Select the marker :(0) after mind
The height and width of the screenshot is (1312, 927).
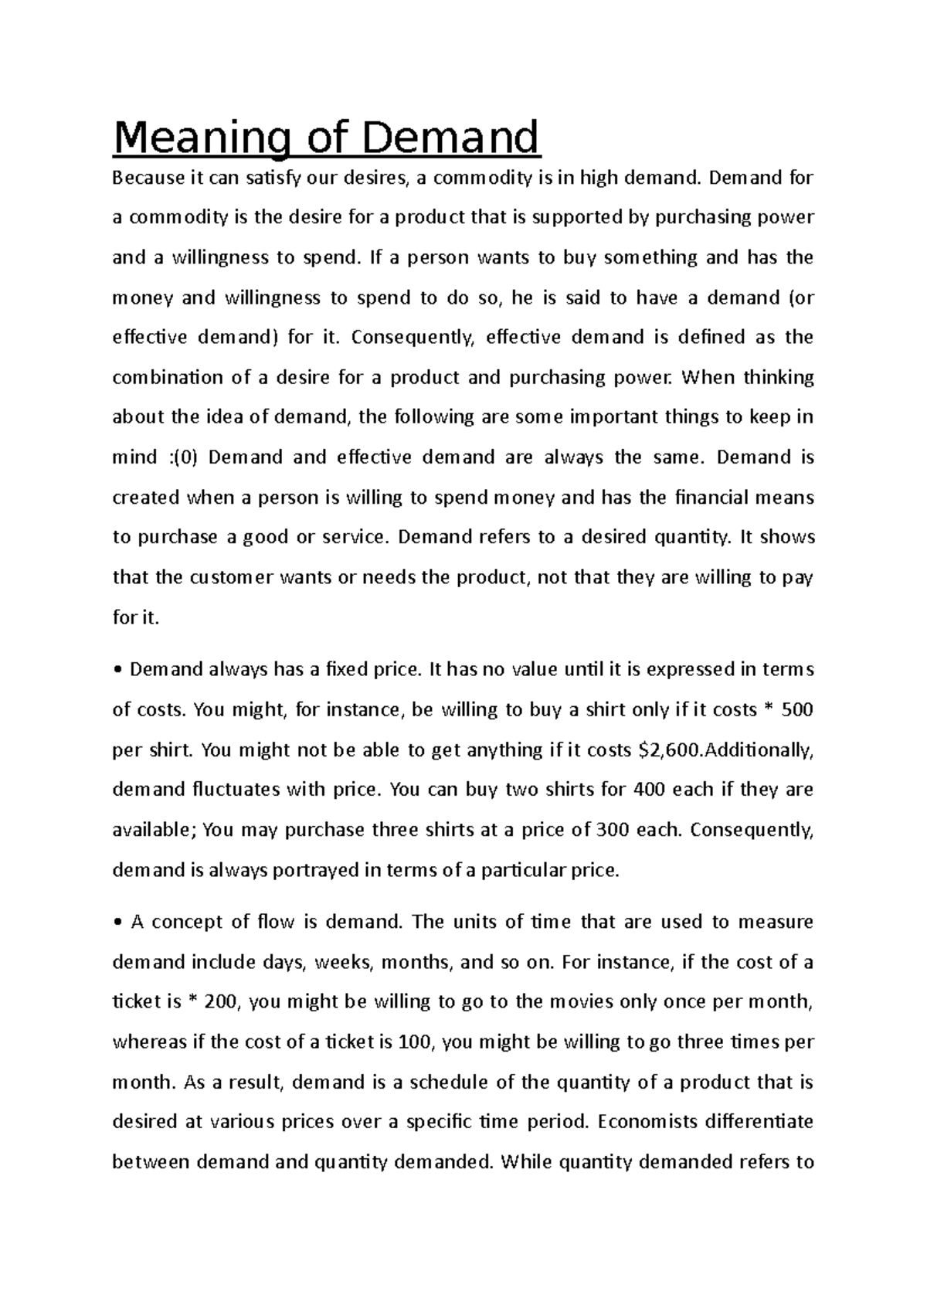coord(182,458)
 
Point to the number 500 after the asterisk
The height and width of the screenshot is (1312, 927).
coord(797,710)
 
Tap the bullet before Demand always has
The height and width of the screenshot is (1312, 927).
coord(117,671)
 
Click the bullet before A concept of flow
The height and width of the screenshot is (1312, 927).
coord(117,923)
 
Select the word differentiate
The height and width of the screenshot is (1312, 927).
coord(760,1122)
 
